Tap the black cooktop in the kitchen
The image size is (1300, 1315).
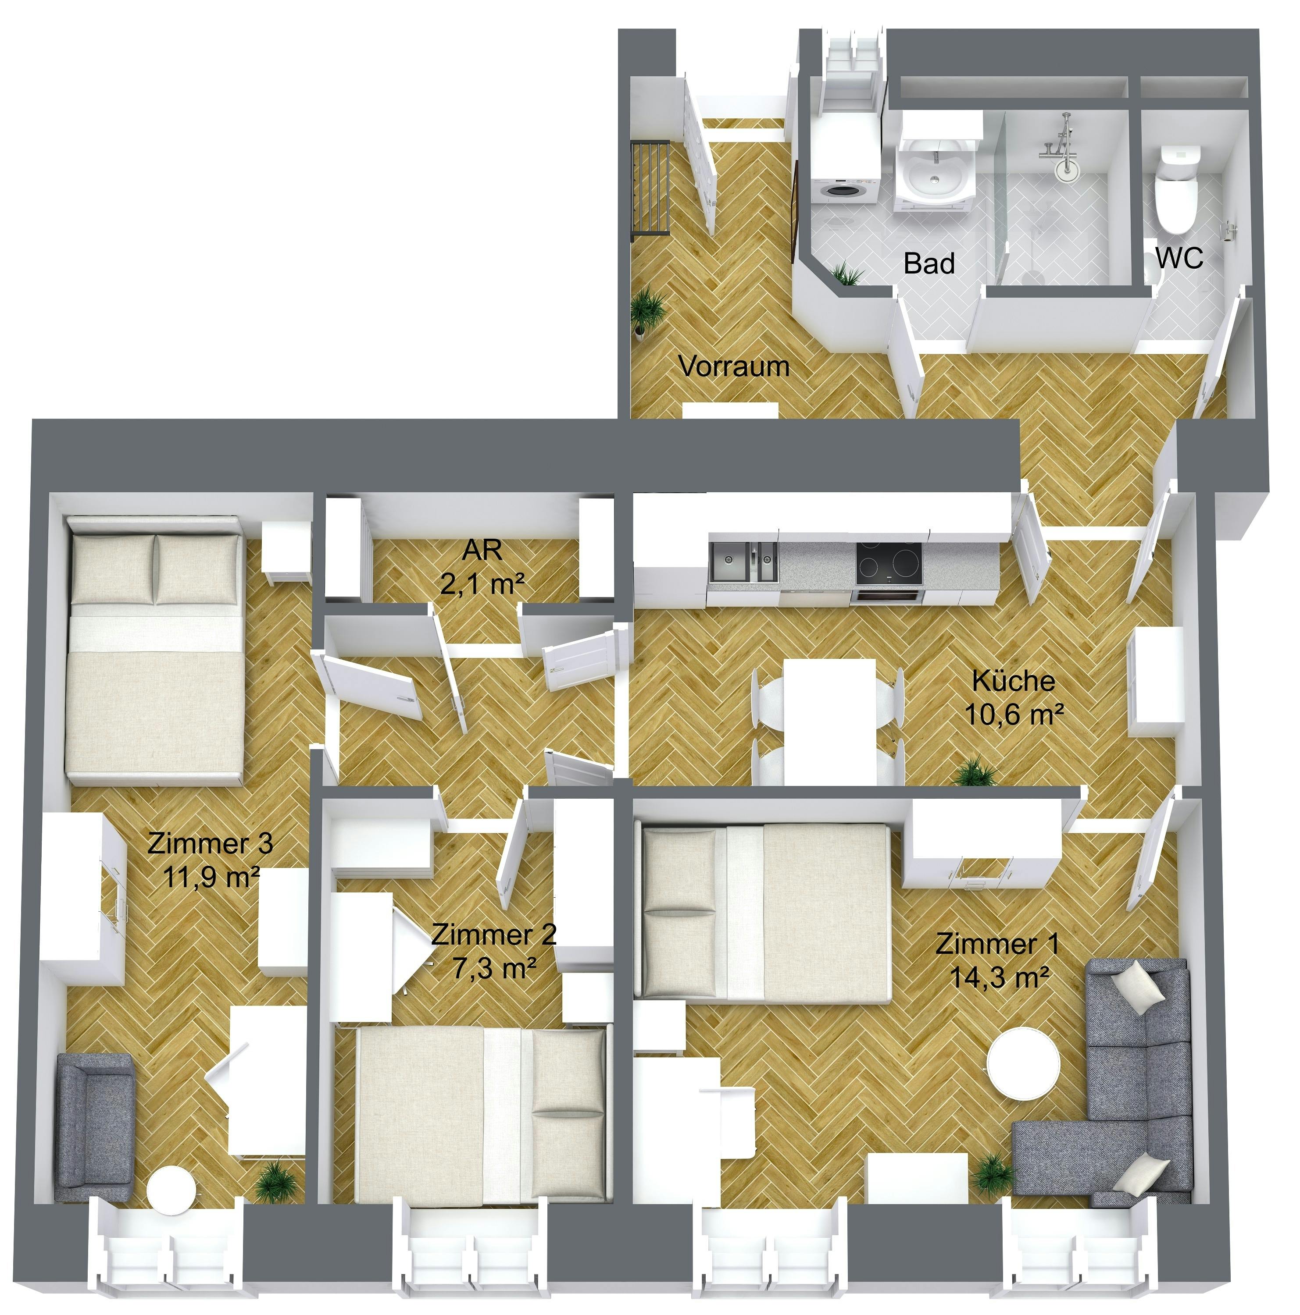[x=889, y=562]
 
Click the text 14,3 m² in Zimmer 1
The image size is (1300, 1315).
[x=998, y=977]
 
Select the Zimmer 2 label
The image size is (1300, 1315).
[x=494, y=934]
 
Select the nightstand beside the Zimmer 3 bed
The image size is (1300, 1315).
[x=286, y=551]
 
